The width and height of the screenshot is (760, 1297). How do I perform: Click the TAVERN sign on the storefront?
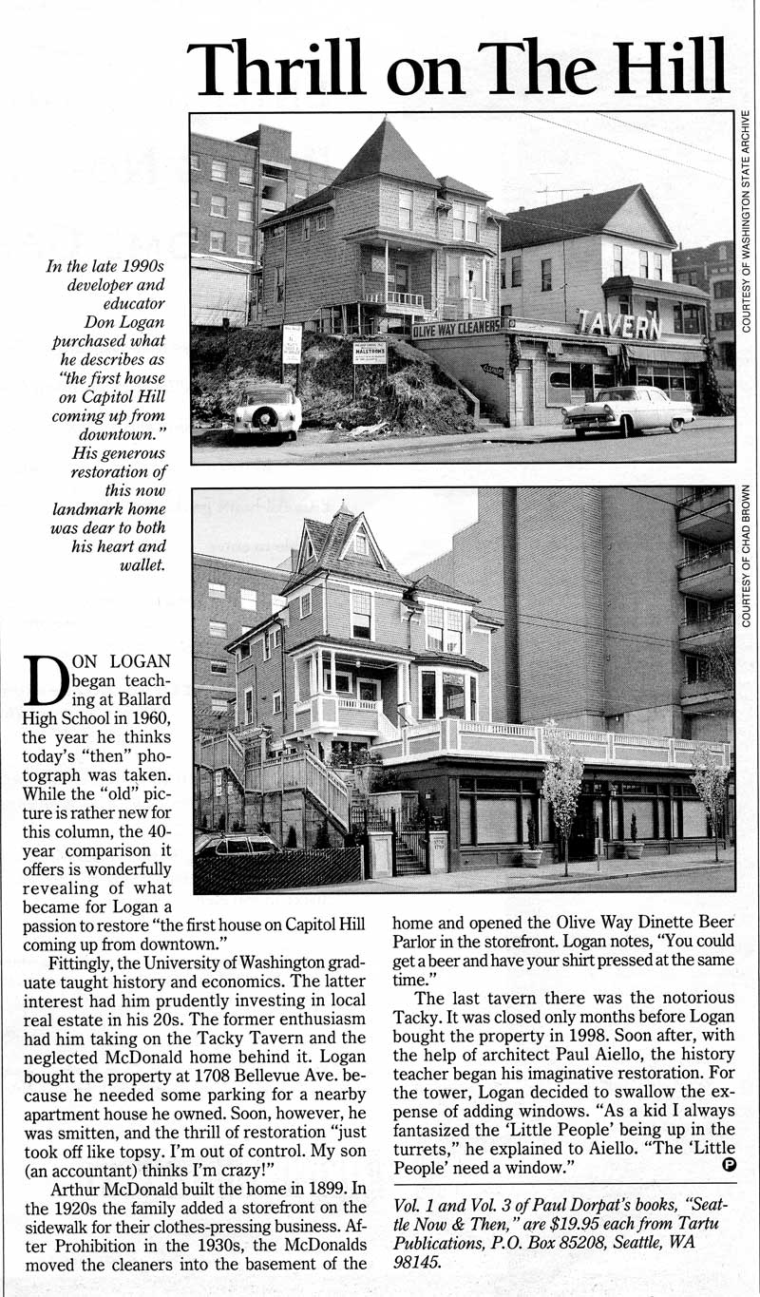(618, 325)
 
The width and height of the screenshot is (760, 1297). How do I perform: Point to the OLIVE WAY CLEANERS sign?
(455, 329)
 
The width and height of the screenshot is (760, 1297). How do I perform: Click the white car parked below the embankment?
(267, 410)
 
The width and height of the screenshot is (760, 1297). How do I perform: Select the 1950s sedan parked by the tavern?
(627, 408)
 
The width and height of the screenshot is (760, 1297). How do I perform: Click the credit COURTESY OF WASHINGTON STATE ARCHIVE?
(747, 221)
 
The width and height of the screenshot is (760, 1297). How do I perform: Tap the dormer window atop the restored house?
(360, 543)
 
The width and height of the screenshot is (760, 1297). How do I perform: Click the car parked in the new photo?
(236, 844)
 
